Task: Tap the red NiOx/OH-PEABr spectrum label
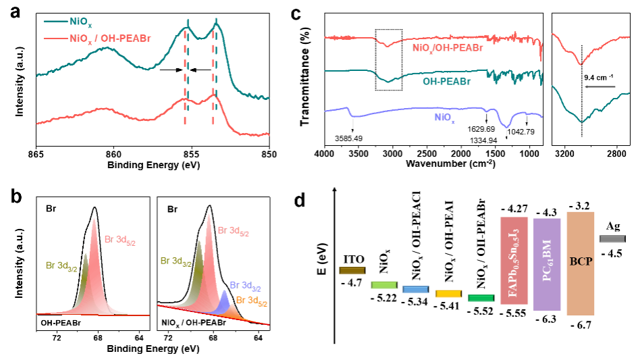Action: pyautogui.click(x=448, y=48)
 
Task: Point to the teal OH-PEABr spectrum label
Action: pyautogui.click(x=446, y=82)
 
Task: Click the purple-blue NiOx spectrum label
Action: pyautogui.click(x=444, y=118)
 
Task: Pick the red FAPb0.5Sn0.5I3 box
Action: pyautogui.click(x=514, y=261)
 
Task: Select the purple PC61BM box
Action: pyautogui.click(x=547, y=264)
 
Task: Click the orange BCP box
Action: pyautogui.click(x=581, y=263)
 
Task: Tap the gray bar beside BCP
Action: pyautogui.click(x=612, y=239)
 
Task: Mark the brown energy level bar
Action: pyautogui.click(x=352, y=270)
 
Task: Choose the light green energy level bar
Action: pyautogui.click(x=384, y=285)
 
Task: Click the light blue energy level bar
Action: pyautogui.click(x=416, y=289)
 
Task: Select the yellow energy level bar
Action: pyautogui.click(x=448, y=294)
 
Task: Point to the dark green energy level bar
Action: pyautogui.click(x=481, y=298)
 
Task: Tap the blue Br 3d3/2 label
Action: pyautogui.click(x=245, y=286)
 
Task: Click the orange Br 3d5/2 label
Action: pyautogui.click(x=251, y=301)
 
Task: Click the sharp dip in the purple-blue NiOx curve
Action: pyautogui.click(x=507, y=125)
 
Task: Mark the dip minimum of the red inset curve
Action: pyautogui.click(x=580, y=63)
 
